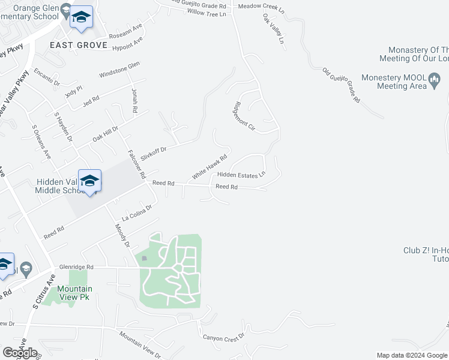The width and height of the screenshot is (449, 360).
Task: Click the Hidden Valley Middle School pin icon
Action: [x=90, y=181]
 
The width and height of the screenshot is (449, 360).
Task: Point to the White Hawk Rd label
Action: [x=209, y=167]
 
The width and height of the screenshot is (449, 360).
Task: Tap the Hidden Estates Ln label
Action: [x=241, y=175]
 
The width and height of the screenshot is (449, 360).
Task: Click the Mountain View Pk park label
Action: [x=74, y=293]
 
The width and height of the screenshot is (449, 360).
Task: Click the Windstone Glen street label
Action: [x=119, y=70]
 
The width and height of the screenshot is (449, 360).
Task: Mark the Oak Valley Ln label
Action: [x=273, y=30]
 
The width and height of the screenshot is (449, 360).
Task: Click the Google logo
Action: [x=20, y=352]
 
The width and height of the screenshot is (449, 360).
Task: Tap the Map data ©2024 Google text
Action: [x=412, y=355]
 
